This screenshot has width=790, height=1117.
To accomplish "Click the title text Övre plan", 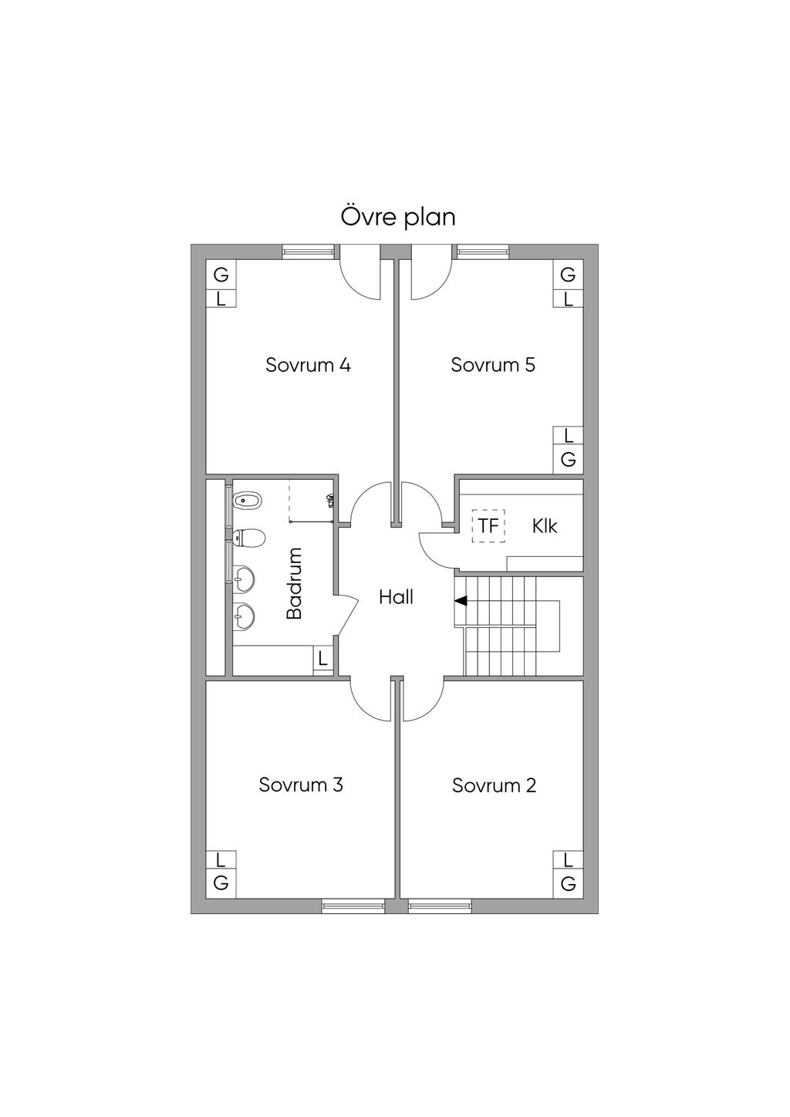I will coord(398,217).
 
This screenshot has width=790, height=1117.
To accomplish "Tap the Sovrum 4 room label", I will coord(308,365).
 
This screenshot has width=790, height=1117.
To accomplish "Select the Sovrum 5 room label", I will coord(493,365).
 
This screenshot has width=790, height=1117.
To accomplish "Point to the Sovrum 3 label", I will coord(301,785).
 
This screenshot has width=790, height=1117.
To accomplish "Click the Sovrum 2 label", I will coord(494,786).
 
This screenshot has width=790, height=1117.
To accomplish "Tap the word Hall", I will coord(396,597).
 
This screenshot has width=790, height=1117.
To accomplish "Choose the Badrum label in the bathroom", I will coord(295,583).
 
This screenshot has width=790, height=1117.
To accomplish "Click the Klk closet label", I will coord(545,527).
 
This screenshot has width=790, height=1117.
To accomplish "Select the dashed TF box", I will coord(488,526).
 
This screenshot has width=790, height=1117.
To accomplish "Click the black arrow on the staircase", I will coord(461,601).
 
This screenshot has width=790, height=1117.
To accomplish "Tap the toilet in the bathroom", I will coord(249,537).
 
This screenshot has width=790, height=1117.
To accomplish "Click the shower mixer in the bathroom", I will coord(330,500).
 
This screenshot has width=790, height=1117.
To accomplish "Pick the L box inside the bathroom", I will coord(322,660).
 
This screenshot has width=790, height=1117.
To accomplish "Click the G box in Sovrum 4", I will coord(221,275).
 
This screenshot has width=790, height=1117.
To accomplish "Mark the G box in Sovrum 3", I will coord(221,884).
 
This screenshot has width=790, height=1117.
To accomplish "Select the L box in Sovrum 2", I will coord(569,860).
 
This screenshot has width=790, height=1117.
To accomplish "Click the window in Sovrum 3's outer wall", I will coord(353,906).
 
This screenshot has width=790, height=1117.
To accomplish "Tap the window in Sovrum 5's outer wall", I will coord(483,251).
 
